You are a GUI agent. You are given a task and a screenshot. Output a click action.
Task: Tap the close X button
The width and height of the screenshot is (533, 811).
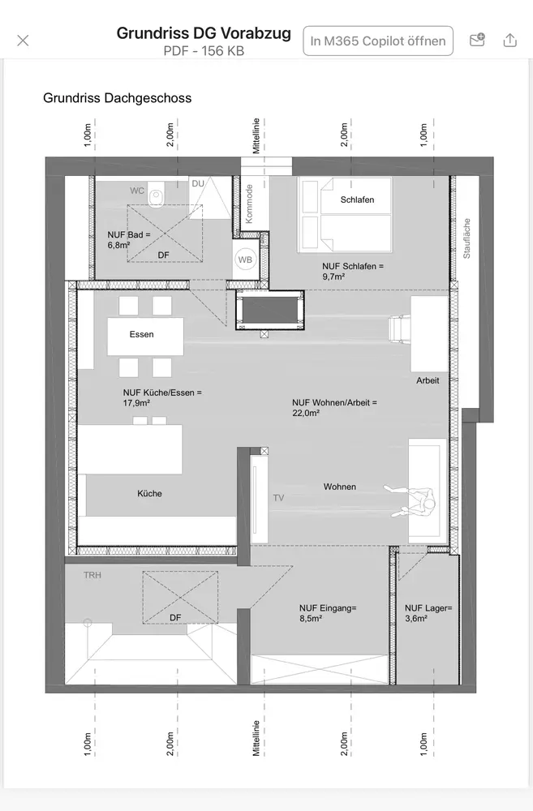[23, 41]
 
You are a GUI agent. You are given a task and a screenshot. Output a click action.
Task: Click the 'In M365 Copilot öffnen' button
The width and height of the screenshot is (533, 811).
[378, 41]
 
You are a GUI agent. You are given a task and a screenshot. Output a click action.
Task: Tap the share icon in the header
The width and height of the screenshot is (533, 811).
[509, 40]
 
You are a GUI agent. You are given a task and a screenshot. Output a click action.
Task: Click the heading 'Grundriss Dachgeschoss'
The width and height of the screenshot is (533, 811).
[117, 98]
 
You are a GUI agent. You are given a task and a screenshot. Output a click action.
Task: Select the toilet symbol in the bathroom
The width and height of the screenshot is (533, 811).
[155, 195]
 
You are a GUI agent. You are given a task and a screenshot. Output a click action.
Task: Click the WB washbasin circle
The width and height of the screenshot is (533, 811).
[245, 260]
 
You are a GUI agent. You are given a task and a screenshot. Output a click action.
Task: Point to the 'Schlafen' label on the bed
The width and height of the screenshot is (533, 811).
[357, 200]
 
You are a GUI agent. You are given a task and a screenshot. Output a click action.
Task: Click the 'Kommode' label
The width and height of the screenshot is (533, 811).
[249, 204]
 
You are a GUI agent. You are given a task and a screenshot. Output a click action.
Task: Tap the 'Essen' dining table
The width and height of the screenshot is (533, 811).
[145, 337]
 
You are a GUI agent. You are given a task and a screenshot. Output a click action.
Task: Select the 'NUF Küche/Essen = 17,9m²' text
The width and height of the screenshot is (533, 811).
[162, 397]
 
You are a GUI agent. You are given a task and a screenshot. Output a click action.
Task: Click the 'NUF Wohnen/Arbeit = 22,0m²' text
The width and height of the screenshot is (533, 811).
[334, 408]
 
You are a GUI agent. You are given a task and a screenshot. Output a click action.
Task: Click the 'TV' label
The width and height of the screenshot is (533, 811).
[278, 498]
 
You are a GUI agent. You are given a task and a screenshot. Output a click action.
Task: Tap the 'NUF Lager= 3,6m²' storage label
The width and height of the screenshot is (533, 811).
[428, 613]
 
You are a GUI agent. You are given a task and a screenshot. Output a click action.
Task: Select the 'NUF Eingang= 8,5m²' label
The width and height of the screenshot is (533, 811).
[328, 613]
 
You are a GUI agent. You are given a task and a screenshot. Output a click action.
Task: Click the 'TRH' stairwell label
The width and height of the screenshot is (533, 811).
[92, 575]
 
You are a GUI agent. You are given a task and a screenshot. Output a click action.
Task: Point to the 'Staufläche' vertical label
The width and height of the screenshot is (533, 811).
[466, 238]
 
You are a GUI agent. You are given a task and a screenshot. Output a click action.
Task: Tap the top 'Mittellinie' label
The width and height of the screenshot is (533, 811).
[256, 136]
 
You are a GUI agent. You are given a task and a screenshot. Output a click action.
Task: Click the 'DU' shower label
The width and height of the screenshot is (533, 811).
[198, 183]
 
